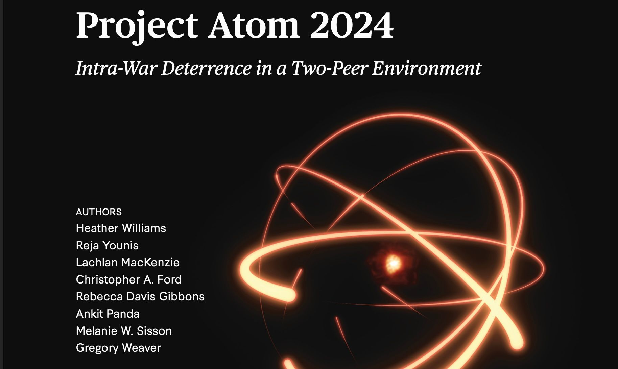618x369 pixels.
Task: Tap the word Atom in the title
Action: tap(254, 25)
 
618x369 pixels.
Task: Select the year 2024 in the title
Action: tap(352, 25)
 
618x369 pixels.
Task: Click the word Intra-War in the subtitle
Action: tap(116, 68)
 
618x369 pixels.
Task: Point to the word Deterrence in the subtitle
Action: tap(207, 68)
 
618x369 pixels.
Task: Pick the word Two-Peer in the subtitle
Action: tap(330, 69)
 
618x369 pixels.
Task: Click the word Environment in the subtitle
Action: tap(427, 68)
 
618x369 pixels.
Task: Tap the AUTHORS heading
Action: tap(99, 212)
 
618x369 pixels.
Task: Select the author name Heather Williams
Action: tap(121, 228)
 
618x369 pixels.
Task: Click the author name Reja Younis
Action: tap(107, 245)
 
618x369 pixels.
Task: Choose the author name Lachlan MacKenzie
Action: tap(128, 262)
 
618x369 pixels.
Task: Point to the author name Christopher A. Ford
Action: tap(129, 279)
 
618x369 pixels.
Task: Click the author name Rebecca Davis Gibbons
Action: tap(140, 296)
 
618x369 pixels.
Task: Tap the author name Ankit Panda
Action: tap(108, 314)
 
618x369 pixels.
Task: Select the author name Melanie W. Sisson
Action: tap(124, 331)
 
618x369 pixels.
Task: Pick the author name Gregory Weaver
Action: tap(119, 348)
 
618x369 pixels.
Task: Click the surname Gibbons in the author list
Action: tap(182, 296)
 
